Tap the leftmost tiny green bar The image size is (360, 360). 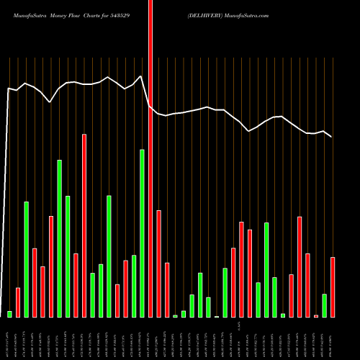coord(9,314)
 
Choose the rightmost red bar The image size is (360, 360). coord(333,287)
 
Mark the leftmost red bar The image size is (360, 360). coord(18,302)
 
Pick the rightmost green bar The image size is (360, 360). coord(325,305)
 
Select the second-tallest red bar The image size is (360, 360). coord(84,225)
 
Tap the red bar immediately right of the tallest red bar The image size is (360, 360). coord(158,264)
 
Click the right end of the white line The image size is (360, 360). coord(332,137)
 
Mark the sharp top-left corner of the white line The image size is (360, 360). coord(8,89)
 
